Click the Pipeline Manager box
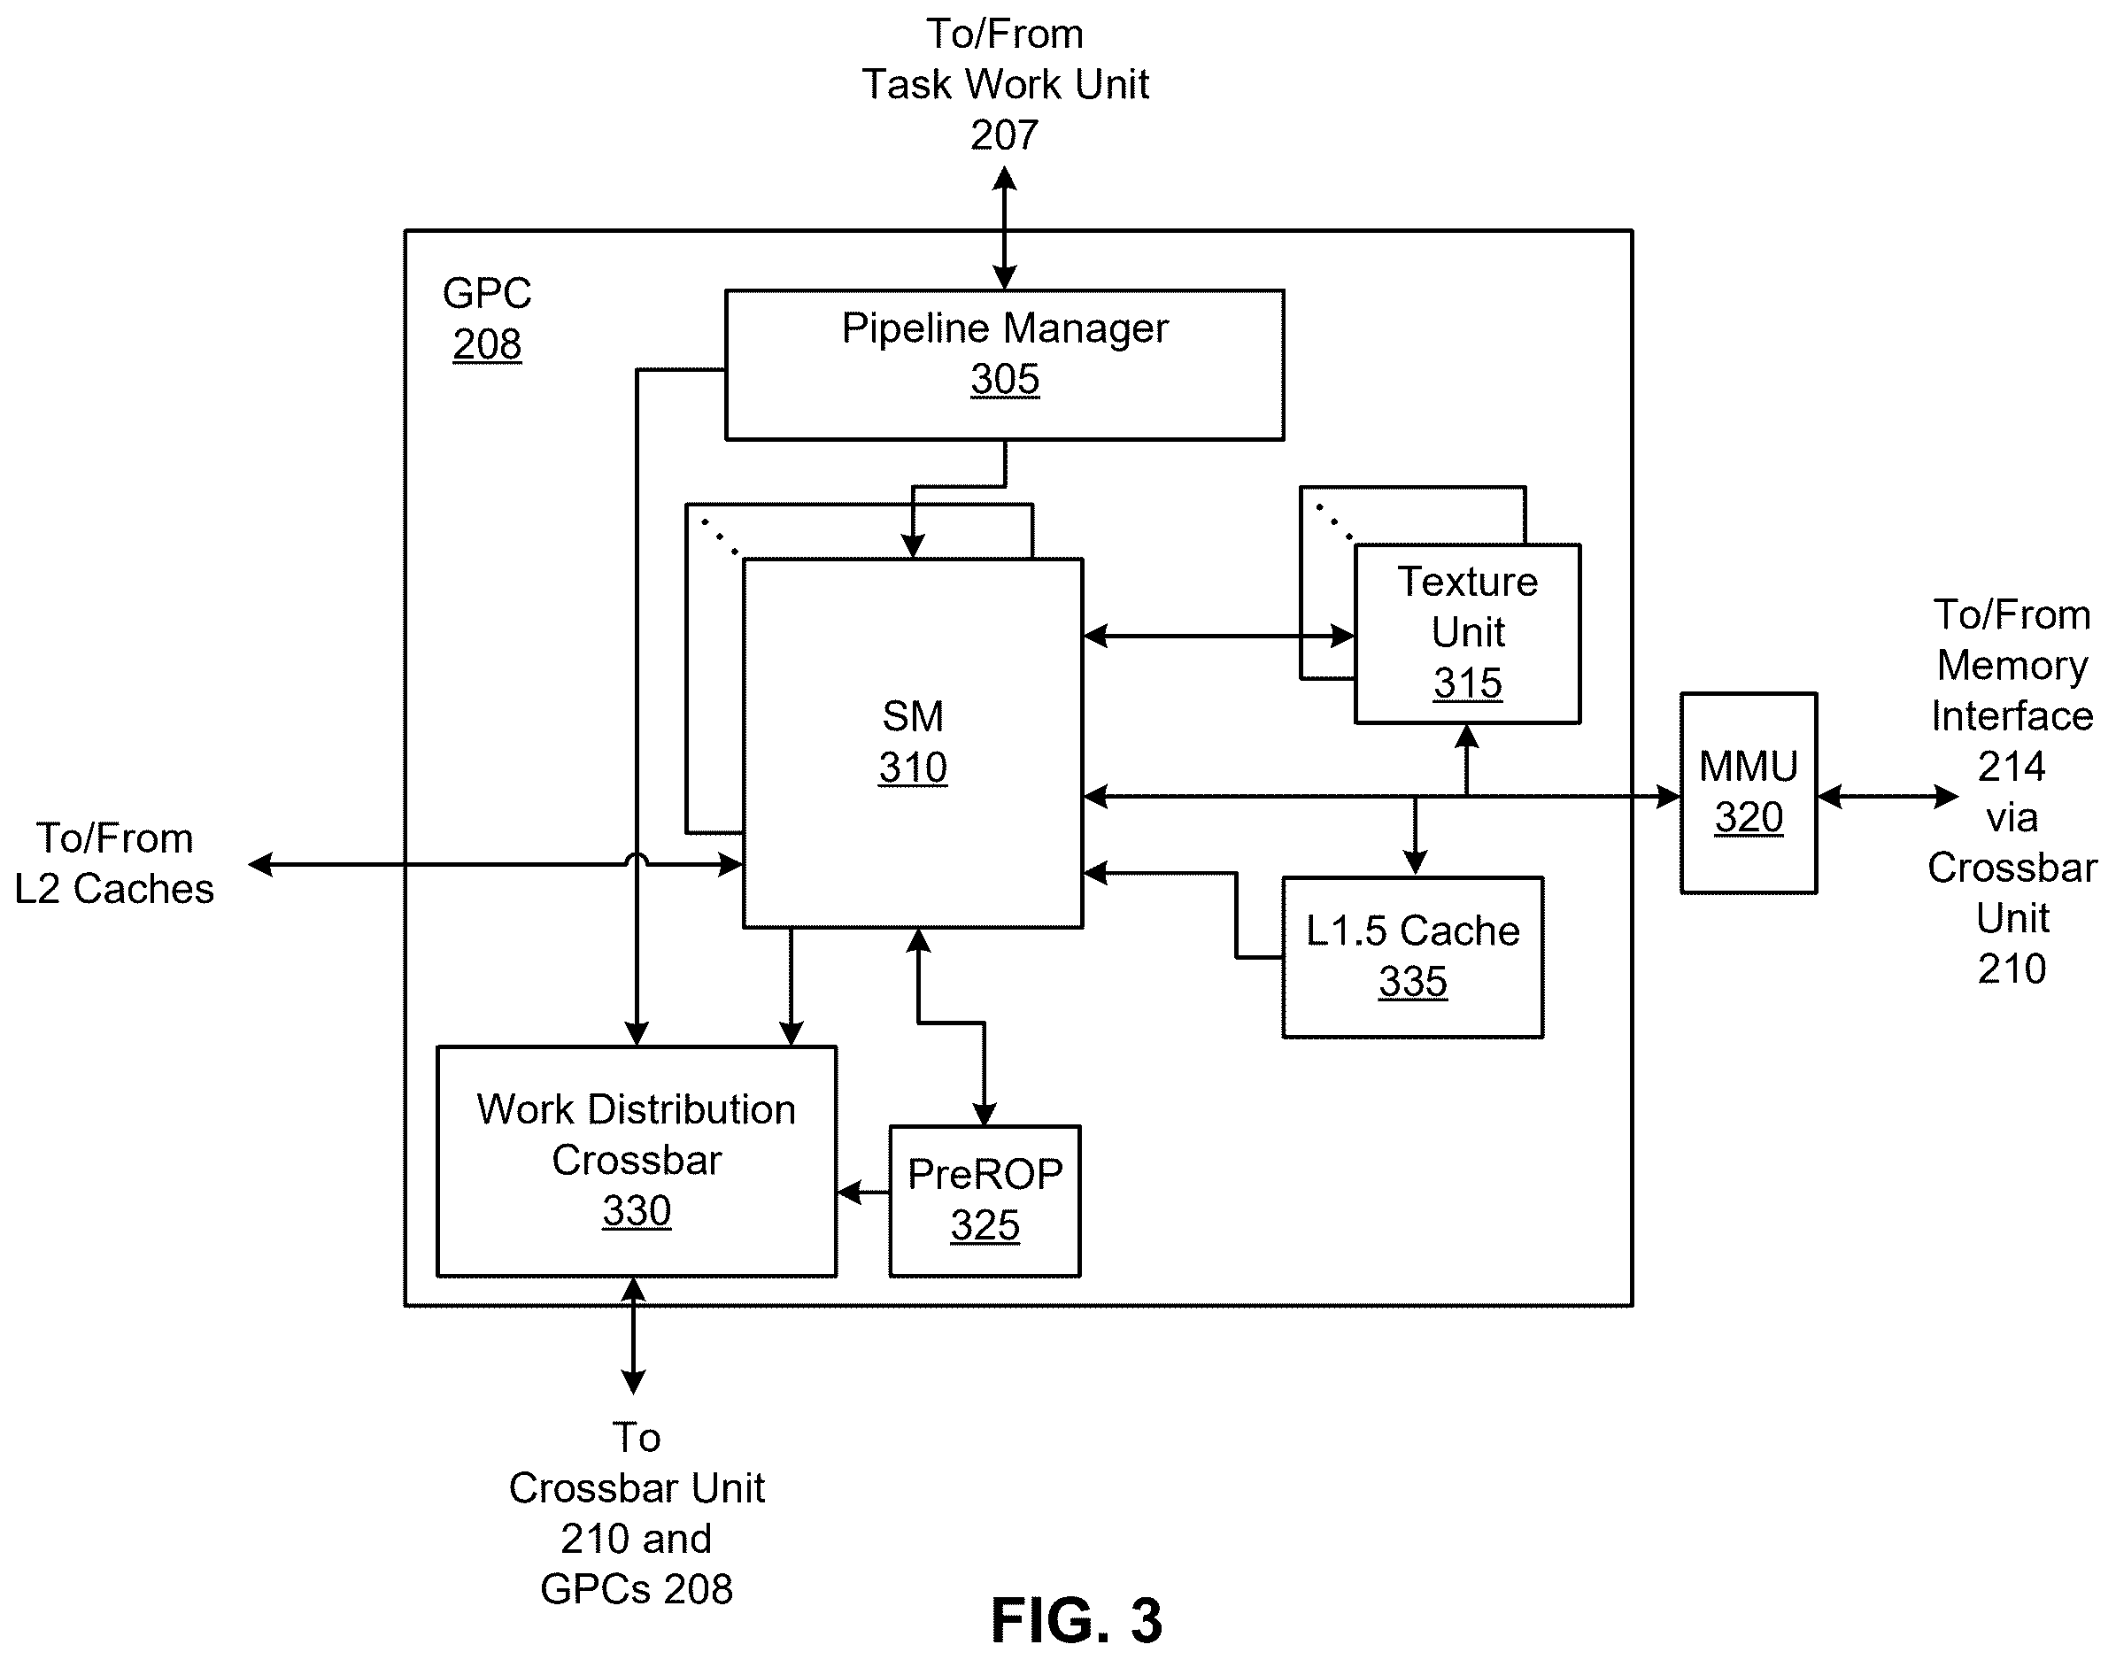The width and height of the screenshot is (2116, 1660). click(1004, 365)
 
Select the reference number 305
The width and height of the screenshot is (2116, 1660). click(1004, 379)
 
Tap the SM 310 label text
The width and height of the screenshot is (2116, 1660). click(913, 742)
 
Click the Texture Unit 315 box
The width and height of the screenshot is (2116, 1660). click(1467, 634)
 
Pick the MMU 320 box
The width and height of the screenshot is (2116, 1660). click(1749, 793)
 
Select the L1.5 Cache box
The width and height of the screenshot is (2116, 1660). click(1412, 957)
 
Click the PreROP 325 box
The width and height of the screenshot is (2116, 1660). click(985, 1201)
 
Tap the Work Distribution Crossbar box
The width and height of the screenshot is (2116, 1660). click(637, 1161)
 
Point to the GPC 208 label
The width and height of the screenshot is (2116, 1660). click(487, 319)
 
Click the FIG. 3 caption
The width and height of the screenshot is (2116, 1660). click(1076, 1620)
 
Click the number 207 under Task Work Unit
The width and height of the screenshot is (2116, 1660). click(1004, 135)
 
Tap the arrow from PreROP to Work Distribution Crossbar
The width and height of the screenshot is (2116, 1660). click(863, 1192)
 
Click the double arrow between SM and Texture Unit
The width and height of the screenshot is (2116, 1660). click(1219, 637)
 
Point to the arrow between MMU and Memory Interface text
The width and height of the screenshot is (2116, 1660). click(1888, 797)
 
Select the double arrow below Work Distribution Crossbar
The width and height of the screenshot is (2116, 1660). click(633, 1335)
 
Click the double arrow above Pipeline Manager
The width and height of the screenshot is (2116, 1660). click(1004, 228)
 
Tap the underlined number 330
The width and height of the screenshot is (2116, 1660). click(637, 1211)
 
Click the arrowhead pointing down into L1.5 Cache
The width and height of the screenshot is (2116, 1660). click(1415, 863)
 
